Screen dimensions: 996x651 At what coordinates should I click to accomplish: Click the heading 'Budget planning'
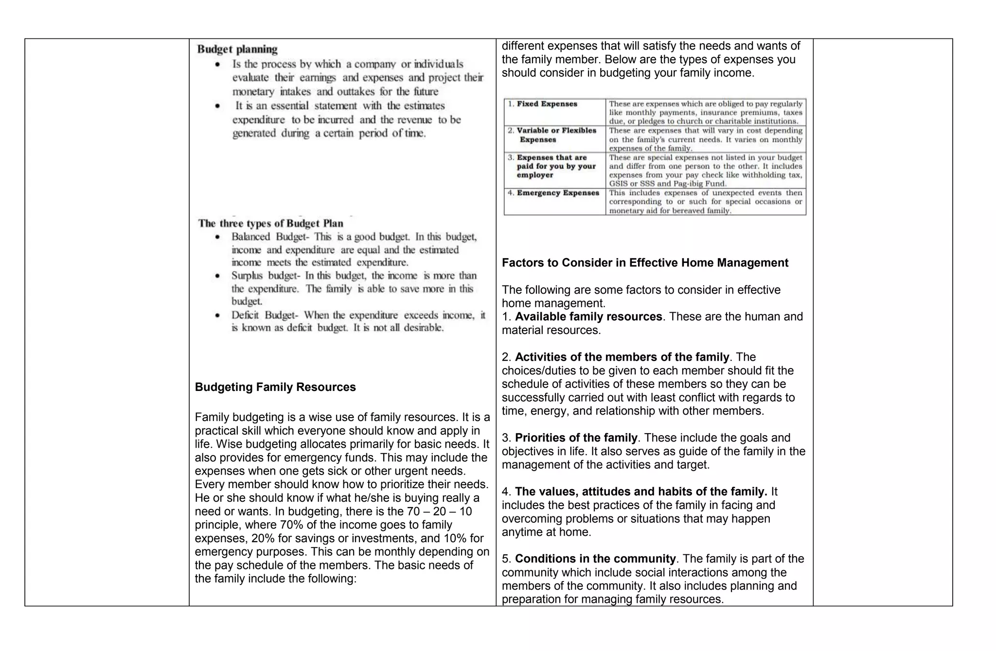[237, 49]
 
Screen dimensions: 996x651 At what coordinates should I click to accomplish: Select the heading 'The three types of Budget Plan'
[270, 223]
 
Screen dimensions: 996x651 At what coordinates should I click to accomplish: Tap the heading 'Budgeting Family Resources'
[275, 387]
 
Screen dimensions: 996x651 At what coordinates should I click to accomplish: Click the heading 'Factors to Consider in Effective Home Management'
[645, 263]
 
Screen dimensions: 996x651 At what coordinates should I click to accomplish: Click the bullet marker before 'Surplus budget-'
[218, 276]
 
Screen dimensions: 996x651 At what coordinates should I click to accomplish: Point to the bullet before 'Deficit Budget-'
[218, 316]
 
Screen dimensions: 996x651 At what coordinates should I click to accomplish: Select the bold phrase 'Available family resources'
[588, 317]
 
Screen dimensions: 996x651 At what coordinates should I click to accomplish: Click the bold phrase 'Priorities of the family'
[576, 438]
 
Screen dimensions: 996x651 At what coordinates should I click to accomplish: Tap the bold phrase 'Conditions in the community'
[595, 559]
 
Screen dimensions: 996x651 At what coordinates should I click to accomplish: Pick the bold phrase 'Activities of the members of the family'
[622, 357]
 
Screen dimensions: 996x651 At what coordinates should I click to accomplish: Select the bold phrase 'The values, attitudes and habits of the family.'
[641, 492]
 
